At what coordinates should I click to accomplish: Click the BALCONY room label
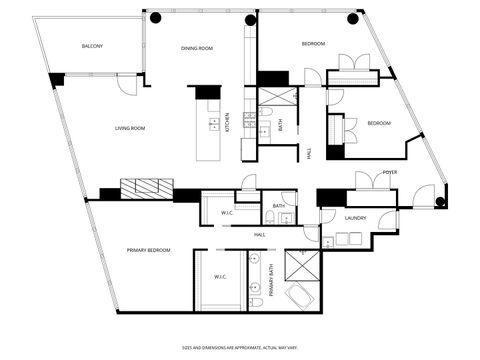pyautogui.click(x=92, y=47)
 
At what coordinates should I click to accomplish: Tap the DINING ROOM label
pyautogui.click(x=197, y=48)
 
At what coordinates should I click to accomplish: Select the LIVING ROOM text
pyautogui.click(x=130, y=128)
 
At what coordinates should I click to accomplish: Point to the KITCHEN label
pyautogui.click(x=227, y=121)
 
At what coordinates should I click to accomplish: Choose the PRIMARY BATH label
pyautogui.click(x=270, y=280)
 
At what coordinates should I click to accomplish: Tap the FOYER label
pyautogui.click(x=390, y=173)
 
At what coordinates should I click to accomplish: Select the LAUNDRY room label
pyautogui.click(x=355, y=217)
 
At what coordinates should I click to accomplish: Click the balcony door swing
pyautogui.click(x=126, y=86)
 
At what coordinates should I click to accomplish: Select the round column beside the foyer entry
pyautogui.click(x=441, y=202)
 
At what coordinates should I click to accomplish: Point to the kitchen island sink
pyautogui.click(x=213, y=124)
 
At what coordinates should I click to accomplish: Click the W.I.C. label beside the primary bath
pyautogui.click(x=220, y=277)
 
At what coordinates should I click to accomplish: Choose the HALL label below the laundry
pyautogui.click(x=259, y=235)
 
